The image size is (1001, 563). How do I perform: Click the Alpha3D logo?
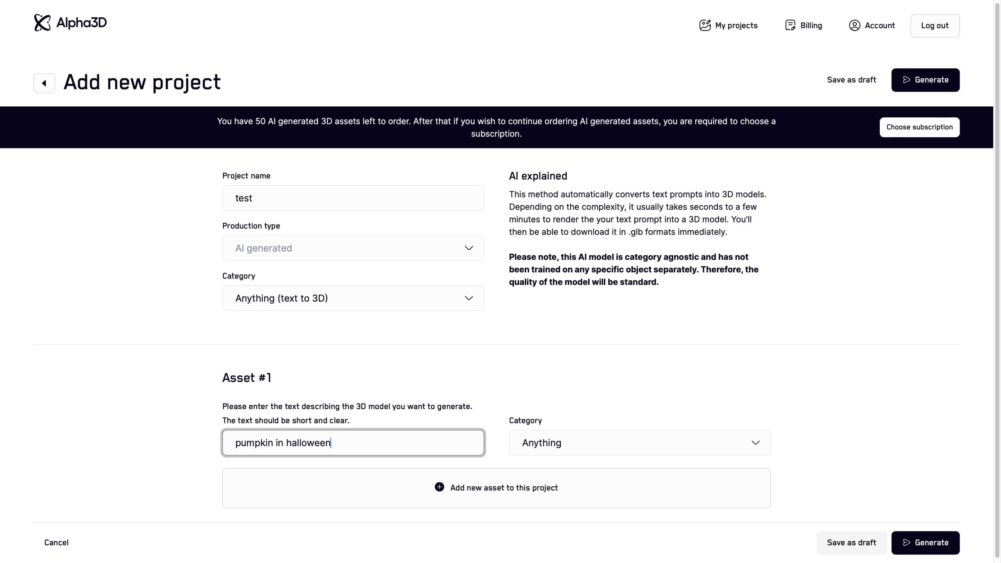click(x=70, y=23)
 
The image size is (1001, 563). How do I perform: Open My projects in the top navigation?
click(x=728, y=25)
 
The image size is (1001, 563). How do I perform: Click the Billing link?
click(x=804, y=25)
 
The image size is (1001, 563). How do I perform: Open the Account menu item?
click(x=872, y=25)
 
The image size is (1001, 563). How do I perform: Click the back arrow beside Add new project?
click(x=44, y=83)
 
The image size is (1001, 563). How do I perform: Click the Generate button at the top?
click(x=925, y=80)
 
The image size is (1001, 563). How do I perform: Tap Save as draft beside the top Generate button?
click(x=851, y=80)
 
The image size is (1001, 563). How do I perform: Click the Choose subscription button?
click(x=919, y=127)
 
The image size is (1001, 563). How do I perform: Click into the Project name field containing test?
click(x=353, y=198)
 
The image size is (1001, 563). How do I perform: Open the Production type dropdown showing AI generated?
click(x=353, y=248)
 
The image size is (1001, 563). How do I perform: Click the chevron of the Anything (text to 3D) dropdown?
click(x=469, y=298)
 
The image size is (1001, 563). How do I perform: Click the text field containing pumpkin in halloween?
click(x=353, y=443)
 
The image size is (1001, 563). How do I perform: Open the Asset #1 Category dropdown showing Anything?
click(x=639, y=443)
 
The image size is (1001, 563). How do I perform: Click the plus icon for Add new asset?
click(x=439, y=487)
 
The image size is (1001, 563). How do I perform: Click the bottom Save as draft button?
click(x=851, y=543)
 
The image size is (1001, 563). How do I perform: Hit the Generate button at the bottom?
click(x=925, y=543)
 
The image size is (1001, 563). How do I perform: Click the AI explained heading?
click(x=538, y=176)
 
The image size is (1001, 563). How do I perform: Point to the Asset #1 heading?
click(x=247, y=378)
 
